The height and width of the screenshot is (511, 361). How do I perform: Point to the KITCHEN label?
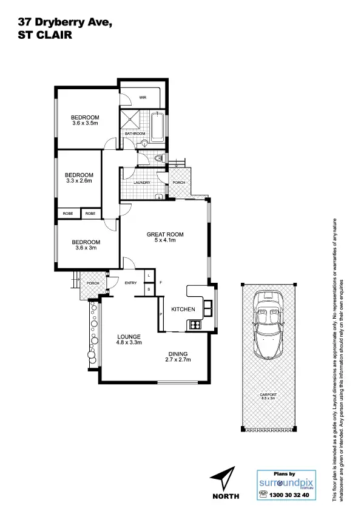183,309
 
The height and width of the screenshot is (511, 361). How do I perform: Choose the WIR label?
143,97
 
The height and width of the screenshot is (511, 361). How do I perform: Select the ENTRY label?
130,283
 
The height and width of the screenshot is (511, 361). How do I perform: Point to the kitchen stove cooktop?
195,324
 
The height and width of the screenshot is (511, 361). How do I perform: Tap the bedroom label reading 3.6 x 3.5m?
84,120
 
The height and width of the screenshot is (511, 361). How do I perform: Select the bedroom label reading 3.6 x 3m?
85,245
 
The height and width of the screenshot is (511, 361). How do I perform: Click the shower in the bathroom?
132,118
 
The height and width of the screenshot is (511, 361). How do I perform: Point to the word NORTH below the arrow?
225,496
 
